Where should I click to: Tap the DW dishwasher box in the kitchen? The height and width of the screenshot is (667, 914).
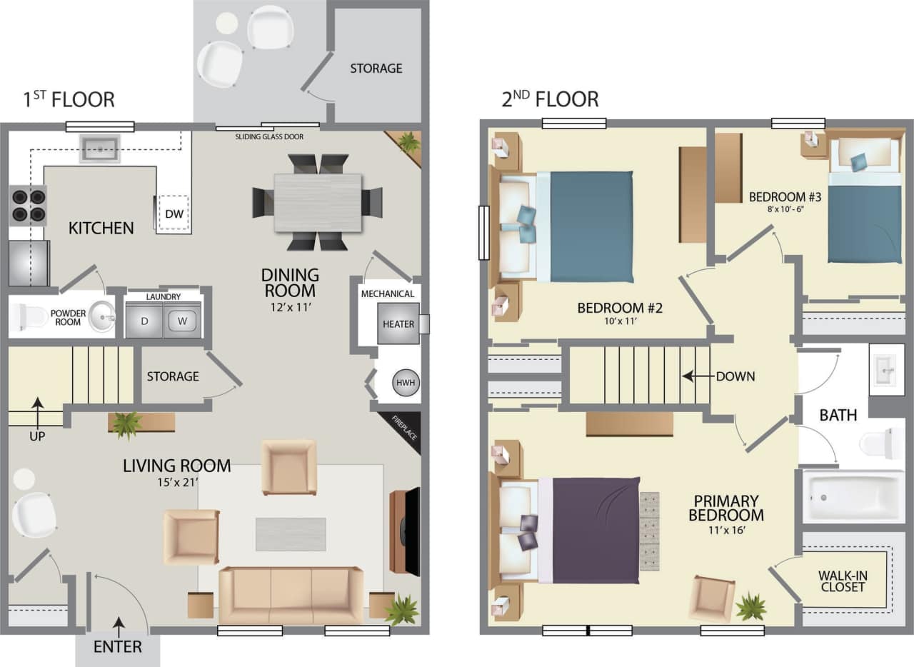click(173, 214)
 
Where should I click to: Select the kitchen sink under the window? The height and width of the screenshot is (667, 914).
click(99, 149)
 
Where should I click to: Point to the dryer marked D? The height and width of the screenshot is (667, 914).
click(144, 321)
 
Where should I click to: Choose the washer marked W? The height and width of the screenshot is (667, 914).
click(183, 321)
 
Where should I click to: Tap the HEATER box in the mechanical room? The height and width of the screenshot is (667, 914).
click(398, 324)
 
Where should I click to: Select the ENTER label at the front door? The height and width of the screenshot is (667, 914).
click(118, 647)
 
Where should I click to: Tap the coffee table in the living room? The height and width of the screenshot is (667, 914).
click(291, 533)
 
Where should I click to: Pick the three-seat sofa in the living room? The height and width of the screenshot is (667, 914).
click(291, 595)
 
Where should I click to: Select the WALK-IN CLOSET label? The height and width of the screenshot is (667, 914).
click(843, 581)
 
